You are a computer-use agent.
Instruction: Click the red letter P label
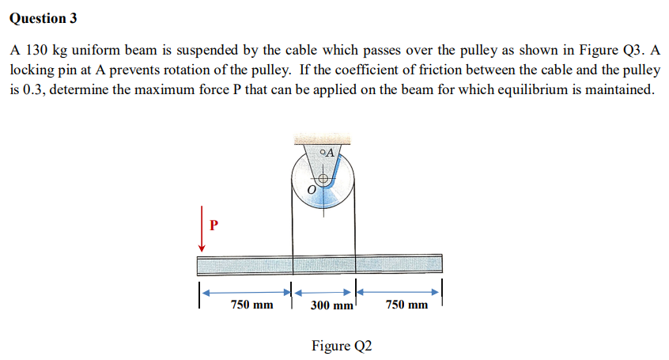213,224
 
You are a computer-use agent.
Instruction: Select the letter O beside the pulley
312,191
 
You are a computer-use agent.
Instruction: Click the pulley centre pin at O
324,180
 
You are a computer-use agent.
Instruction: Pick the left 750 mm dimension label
251,305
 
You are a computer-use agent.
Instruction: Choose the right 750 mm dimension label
407,305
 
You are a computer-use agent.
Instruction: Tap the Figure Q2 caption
341,345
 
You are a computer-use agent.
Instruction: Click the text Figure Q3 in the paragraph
606,50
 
